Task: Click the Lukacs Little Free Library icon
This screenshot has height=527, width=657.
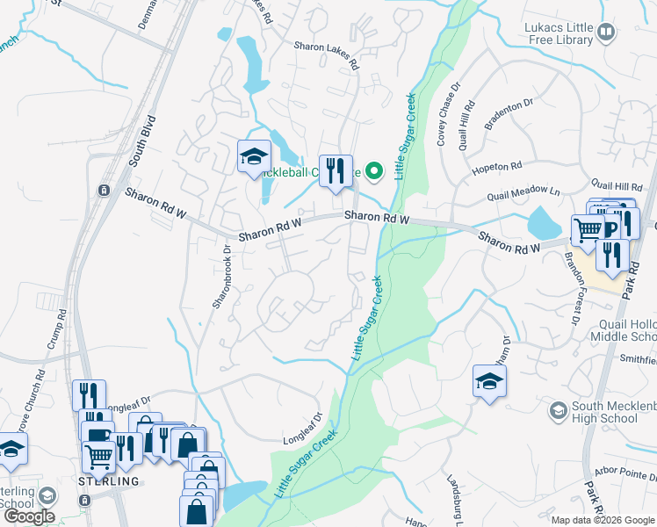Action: (x=606, y=33)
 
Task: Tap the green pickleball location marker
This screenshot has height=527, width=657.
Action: (x=376, y=172)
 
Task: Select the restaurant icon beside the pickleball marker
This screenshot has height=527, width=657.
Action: (x=335, y=170)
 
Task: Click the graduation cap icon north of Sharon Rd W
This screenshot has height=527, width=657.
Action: (x=253, y=158)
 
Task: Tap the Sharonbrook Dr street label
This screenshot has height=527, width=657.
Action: (x=220, y=276)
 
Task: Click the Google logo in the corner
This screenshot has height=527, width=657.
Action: (x=30, y=516)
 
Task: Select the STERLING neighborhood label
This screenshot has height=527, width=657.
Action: (x=109, y=481)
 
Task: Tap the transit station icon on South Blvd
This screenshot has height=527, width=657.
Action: (x=104, y=190)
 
